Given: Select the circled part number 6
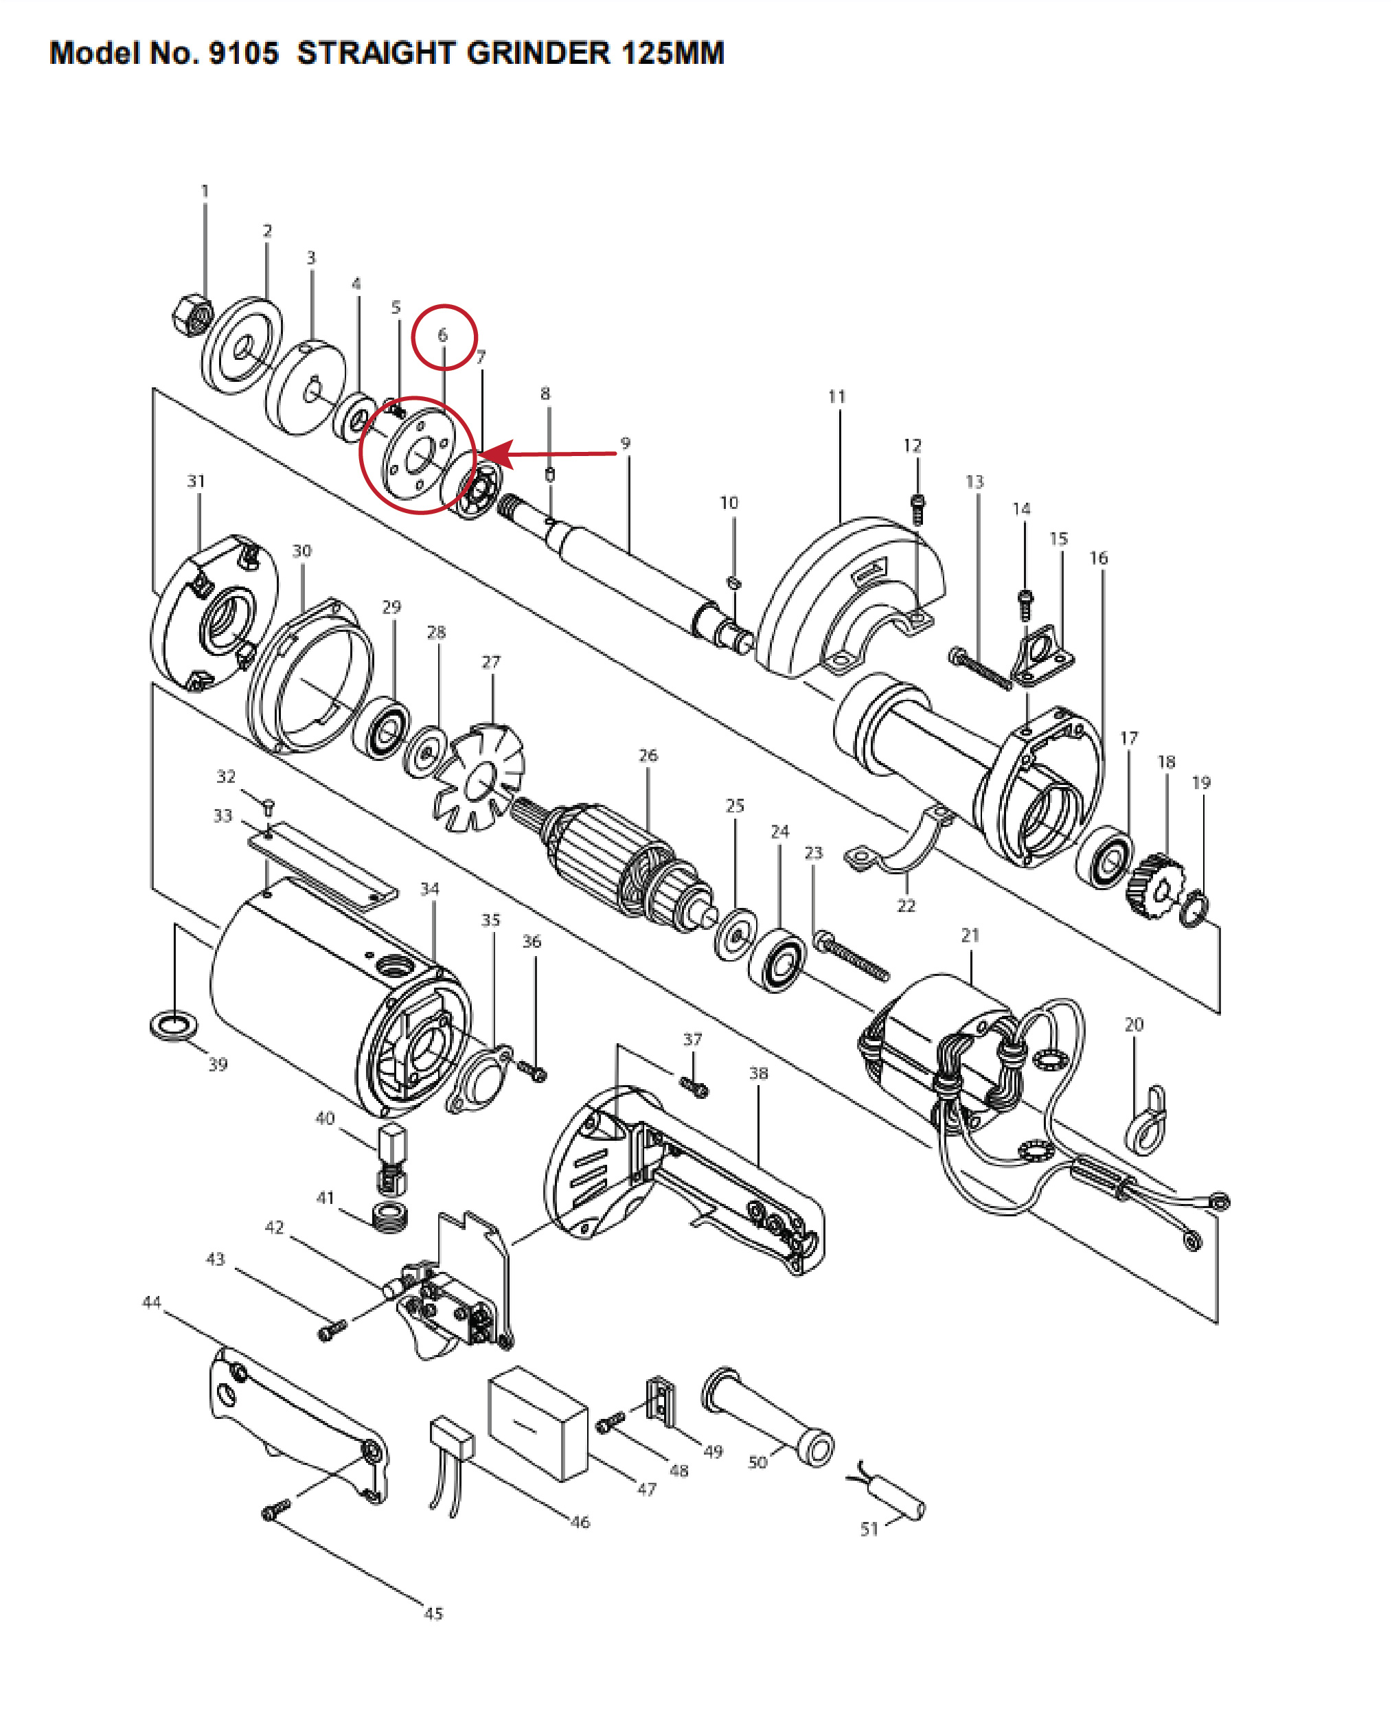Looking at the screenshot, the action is (443, 335).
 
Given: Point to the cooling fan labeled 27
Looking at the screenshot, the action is (479, 777).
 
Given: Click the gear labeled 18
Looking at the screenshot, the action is (1154, 886).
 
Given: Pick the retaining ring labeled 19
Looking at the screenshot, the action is (1194, 909).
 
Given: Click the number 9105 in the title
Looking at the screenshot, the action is (243, 53).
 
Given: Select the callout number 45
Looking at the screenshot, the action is (433, 1613).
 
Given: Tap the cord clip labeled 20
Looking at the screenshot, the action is (1147, 1119).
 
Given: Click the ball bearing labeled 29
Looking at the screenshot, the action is (382, 728).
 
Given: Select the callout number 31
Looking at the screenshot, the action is (196, 481).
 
